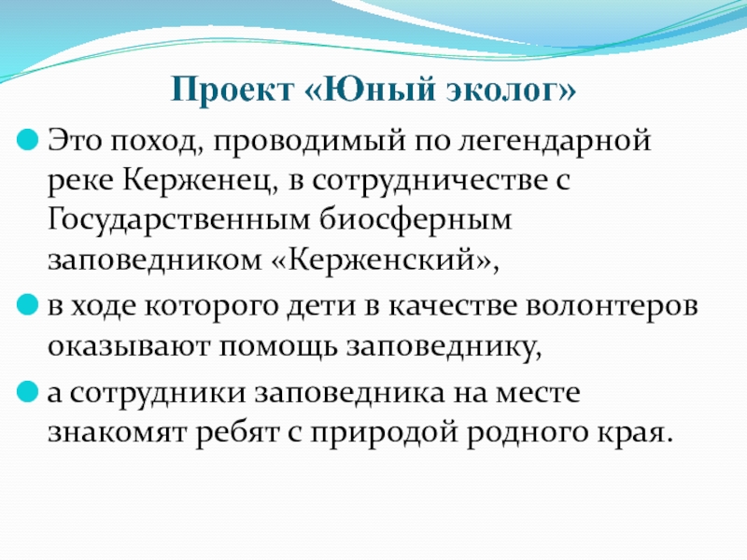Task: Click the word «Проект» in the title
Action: (x=232, y=89)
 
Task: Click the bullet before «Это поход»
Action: (x=27, y=140)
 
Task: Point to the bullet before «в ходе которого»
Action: (x=27, y=305)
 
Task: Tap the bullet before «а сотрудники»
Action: (x=27, y=392)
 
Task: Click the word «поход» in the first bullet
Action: (x=157, y=142)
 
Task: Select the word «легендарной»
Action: (x=554, y=143)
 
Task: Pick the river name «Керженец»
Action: (x=200, y=181)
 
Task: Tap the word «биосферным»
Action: (x=416, y=220)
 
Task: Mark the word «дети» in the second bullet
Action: (x=321, y=306)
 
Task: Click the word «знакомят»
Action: (x=116, y=433)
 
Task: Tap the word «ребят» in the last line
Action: (x=237, y=431)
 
